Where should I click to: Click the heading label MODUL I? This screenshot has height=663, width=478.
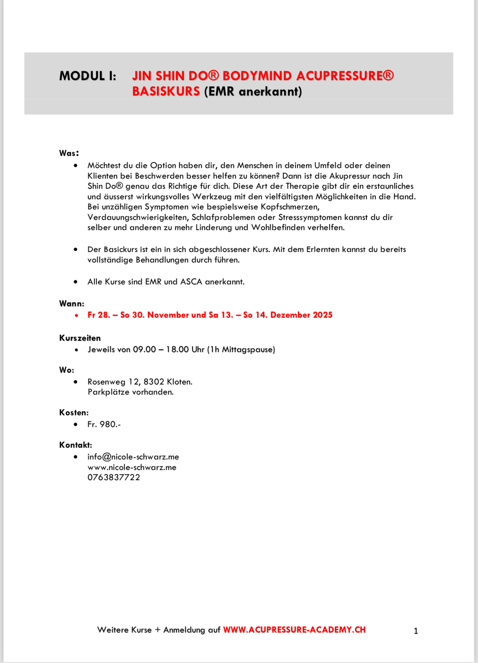88,76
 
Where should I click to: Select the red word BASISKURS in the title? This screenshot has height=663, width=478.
166,92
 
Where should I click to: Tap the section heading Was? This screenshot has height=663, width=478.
69,153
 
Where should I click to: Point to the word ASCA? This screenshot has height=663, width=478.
191,282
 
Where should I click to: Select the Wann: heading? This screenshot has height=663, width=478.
72,304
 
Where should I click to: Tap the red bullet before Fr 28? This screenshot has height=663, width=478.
76,315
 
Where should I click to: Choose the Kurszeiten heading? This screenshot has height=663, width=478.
80,338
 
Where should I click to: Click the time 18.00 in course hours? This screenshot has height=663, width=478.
177,350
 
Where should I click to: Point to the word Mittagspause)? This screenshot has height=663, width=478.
248,350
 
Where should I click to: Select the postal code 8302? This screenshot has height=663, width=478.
154,382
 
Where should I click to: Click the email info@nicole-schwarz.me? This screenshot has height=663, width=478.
133,457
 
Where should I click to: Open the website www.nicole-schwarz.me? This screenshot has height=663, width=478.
132,468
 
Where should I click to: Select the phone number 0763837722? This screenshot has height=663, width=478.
114,478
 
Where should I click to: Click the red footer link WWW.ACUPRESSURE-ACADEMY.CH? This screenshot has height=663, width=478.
294,630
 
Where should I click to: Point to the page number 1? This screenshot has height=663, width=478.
416,631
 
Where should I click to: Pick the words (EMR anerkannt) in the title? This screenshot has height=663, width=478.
253,92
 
